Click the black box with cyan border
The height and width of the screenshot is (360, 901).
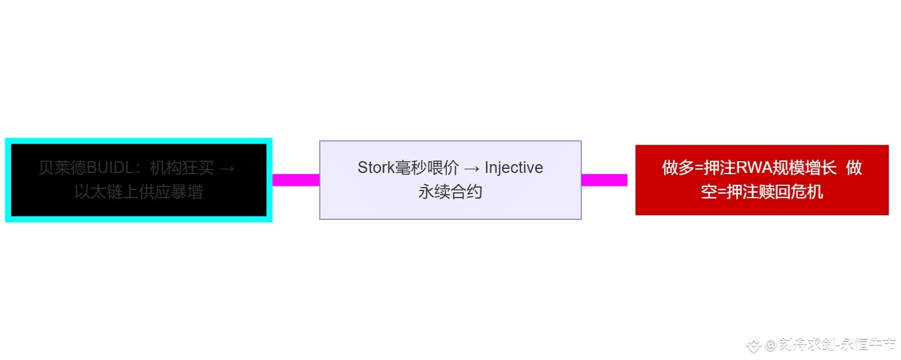tap(138, 180)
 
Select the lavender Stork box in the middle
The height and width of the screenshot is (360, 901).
tap(450, 180)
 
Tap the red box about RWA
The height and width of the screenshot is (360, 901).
tap(761, 180)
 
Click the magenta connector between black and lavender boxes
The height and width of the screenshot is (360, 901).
tap(296, 180)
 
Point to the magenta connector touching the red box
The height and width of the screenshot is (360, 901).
tap(604, 180)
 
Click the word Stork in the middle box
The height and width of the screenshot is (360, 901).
tap(376, 168)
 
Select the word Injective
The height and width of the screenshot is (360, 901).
tap(514, 168)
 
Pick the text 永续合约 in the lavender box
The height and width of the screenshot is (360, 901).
tap(450, 192)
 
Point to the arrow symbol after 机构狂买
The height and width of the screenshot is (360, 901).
tap(226, 168)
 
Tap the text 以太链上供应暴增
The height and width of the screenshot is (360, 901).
tap(138, 192)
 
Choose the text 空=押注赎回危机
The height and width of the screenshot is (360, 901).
tap(761, 192)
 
